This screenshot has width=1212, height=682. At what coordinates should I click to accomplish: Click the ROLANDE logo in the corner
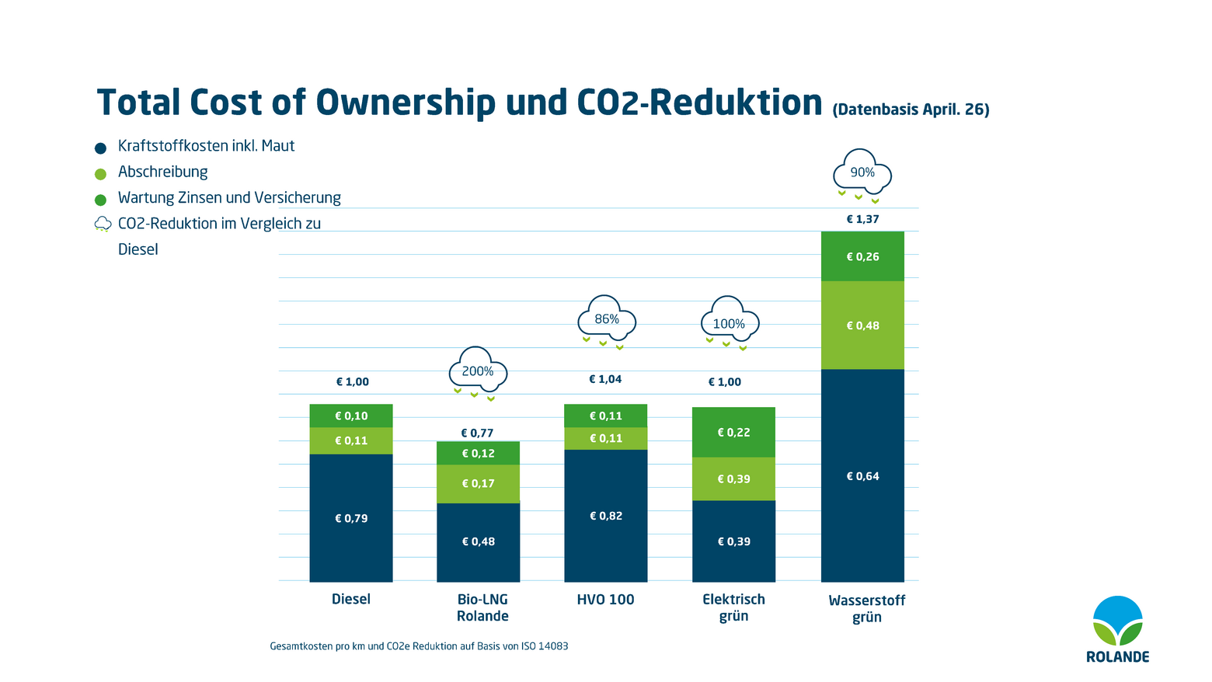[x=1117, y=629]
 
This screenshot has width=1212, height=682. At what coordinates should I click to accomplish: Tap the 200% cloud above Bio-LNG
[x=478, y=372]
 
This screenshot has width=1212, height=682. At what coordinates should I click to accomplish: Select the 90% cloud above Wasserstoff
[x=862, y=173]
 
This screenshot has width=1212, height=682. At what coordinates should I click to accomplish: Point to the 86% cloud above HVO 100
[x=607, y=320]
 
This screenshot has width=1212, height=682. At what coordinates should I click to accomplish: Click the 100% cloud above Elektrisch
[x=729, y=324]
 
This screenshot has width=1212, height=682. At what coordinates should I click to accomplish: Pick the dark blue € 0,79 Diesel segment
[x=351, y=518]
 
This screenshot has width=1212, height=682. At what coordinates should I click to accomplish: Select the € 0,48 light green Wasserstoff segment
[x=862, y=325]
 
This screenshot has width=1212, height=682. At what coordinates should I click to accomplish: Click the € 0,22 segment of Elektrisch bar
[x=733, y=433]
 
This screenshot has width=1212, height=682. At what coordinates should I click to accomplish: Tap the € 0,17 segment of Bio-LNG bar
[x=478, y=484]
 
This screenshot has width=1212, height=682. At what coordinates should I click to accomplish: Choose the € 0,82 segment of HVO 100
[x=606, y=516]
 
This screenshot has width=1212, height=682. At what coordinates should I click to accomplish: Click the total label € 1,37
[x=862, y=219]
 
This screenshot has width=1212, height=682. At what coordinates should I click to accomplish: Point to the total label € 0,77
[x=477, y=433]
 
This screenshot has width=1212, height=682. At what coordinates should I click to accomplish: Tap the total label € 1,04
[x=605, y=379]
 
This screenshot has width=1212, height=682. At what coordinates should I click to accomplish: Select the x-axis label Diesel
[x=351, y=600]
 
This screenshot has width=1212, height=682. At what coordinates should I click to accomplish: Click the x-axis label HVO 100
[x=605, y=600]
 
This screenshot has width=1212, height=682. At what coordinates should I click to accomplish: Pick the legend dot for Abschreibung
[x=100, y=174]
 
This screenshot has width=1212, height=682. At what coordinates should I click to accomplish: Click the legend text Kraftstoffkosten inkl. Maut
[x=206, y=146]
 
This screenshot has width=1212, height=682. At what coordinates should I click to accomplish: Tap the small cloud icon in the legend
[x=103, y=224]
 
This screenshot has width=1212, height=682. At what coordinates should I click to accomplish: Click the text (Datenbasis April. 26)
[x=911, y=110]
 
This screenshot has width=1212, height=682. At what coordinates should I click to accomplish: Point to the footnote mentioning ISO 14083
[x=419, y=646]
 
